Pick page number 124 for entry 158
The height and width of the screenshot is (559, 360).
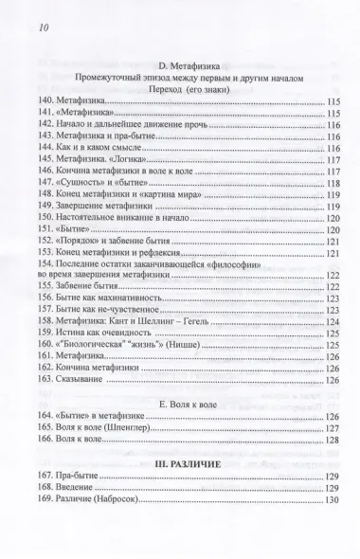click(x=314, y=321)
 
